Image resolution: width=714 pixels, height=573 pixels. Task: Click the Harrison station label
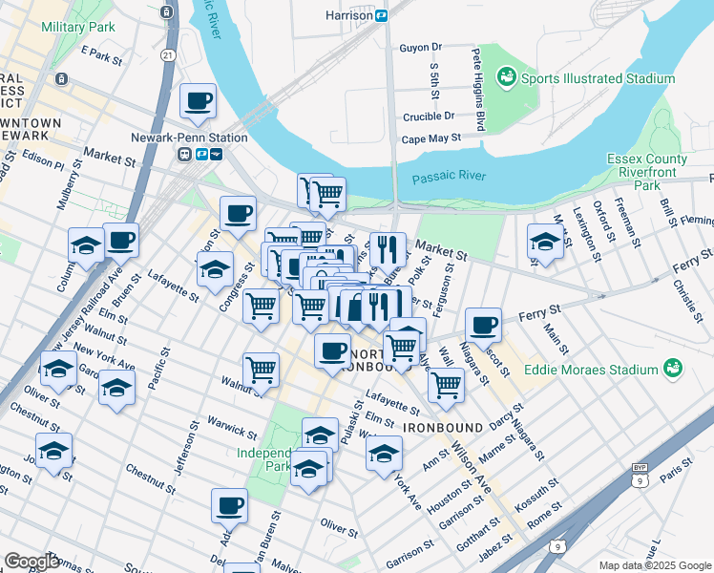349,15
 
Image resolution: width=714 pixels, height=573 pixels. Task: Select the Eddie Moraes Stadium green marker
674,368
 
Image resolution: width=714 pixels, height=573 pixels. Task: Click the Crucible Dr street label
428,116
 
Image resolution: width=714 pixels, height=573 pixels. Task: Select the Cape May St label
430,138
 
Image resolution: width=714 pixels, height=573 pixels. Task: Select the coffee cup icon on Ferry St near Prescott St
484,325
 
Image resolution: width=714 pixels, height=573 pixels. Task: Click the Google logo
32,562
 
